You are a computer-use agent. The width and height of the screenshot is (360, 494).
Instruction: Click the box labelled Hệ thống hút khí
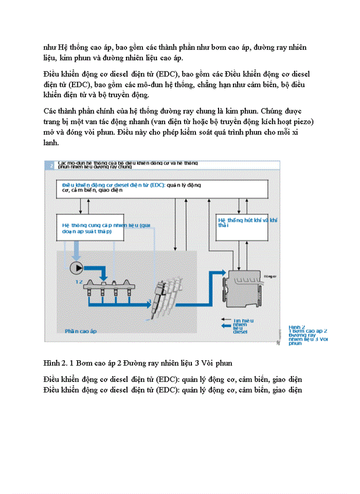point(242,226)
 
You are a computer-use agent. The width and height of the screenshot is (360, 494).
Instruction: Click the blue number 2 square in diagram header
point(51,165)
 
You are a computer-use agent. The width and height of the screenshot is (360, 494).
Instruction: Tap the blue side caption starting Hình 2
point(308,334)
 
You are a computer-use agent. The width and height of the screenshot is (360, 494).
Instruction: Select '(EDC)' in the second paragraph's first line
point(169,75)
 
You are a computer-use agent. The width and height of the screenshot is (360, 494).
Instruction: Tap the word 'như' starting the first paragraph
point(50,47)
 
